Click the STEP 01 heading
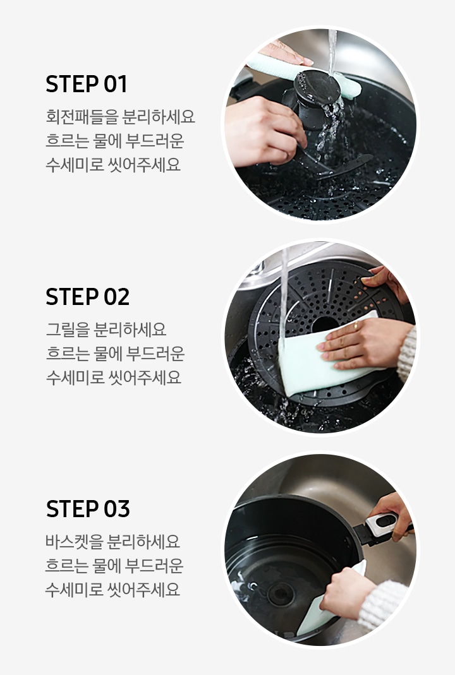[x=87, y=84]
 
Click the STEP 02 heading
[x=87, y=297]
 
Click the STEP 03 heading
[x=88, y=509]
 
